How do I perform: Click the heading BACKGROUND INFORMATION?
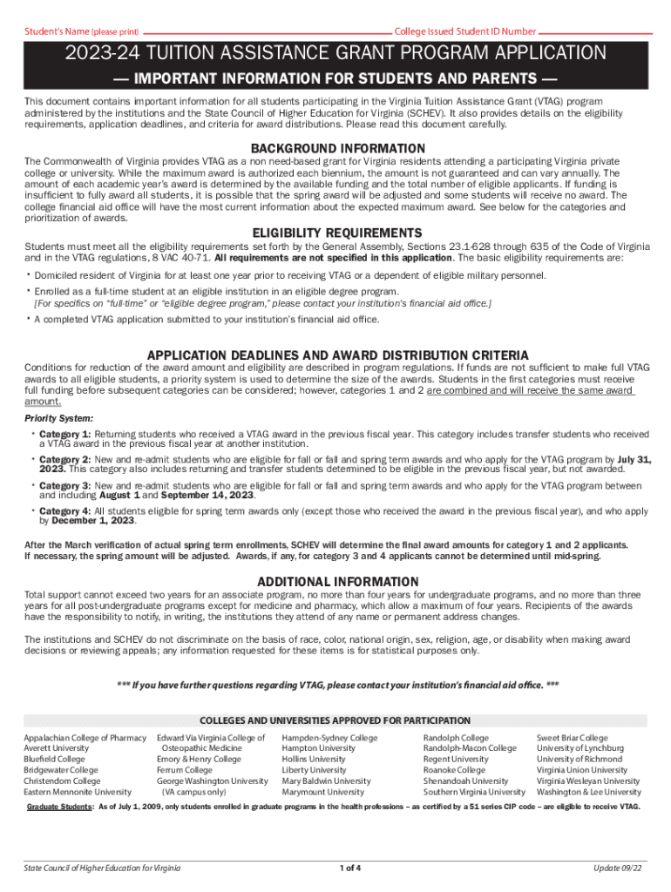point(338,149)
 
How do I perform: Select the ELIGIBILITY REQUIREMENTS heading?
point(336,233)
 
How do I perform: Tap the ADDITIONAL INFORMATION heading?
point(338,582)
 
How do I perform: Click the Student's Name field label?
point(80,31)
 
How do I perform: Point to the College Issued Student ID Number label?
point(465,31)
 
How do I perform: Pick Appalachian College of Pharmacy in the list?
point(85,738)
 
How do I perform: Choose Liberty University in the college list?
point(314,770)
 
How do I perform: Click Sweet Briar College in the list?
point(572,738)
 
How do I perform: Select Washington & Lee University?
point(588,792)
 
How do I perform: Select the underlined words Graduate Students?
point(58,808)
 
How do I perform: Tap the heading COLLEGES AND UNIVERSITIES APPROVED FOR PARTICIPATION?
point(335,721)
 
